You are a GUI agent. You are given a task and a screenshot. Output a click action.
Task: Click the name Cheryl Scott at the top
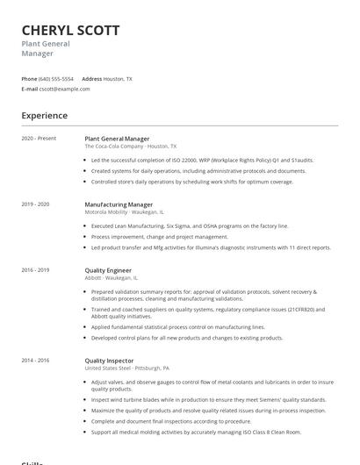(x=70, y=30)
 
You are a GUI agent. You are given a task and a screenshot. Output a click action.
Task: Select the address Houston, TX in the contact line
(x=118, y=78)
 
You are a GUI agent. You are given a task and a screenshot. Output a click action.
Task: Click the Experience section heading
(x=44, y=115)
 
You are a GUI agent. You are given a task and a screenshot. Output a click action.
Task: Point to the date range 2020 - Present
(x=39, y=139)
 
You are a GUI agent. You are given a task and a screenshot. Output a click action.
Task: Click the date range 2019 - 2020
(x=36, y=204)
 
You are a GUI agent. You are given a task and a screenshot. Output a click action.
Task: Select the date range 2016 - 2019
(x=36, y=270)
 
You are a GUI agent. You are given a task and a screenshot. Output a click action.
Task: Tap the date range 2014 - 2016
(x=36, y=360)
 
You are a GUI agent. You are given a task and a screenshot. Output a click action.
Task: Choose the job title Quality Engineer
(x=109, y=270)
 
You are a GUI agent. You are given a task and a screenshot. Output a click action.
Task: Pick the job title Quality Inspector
(x=110, y=360)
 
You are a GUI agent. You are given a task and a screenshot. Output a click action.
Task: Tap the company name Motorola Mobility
(x=107, y=211)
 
